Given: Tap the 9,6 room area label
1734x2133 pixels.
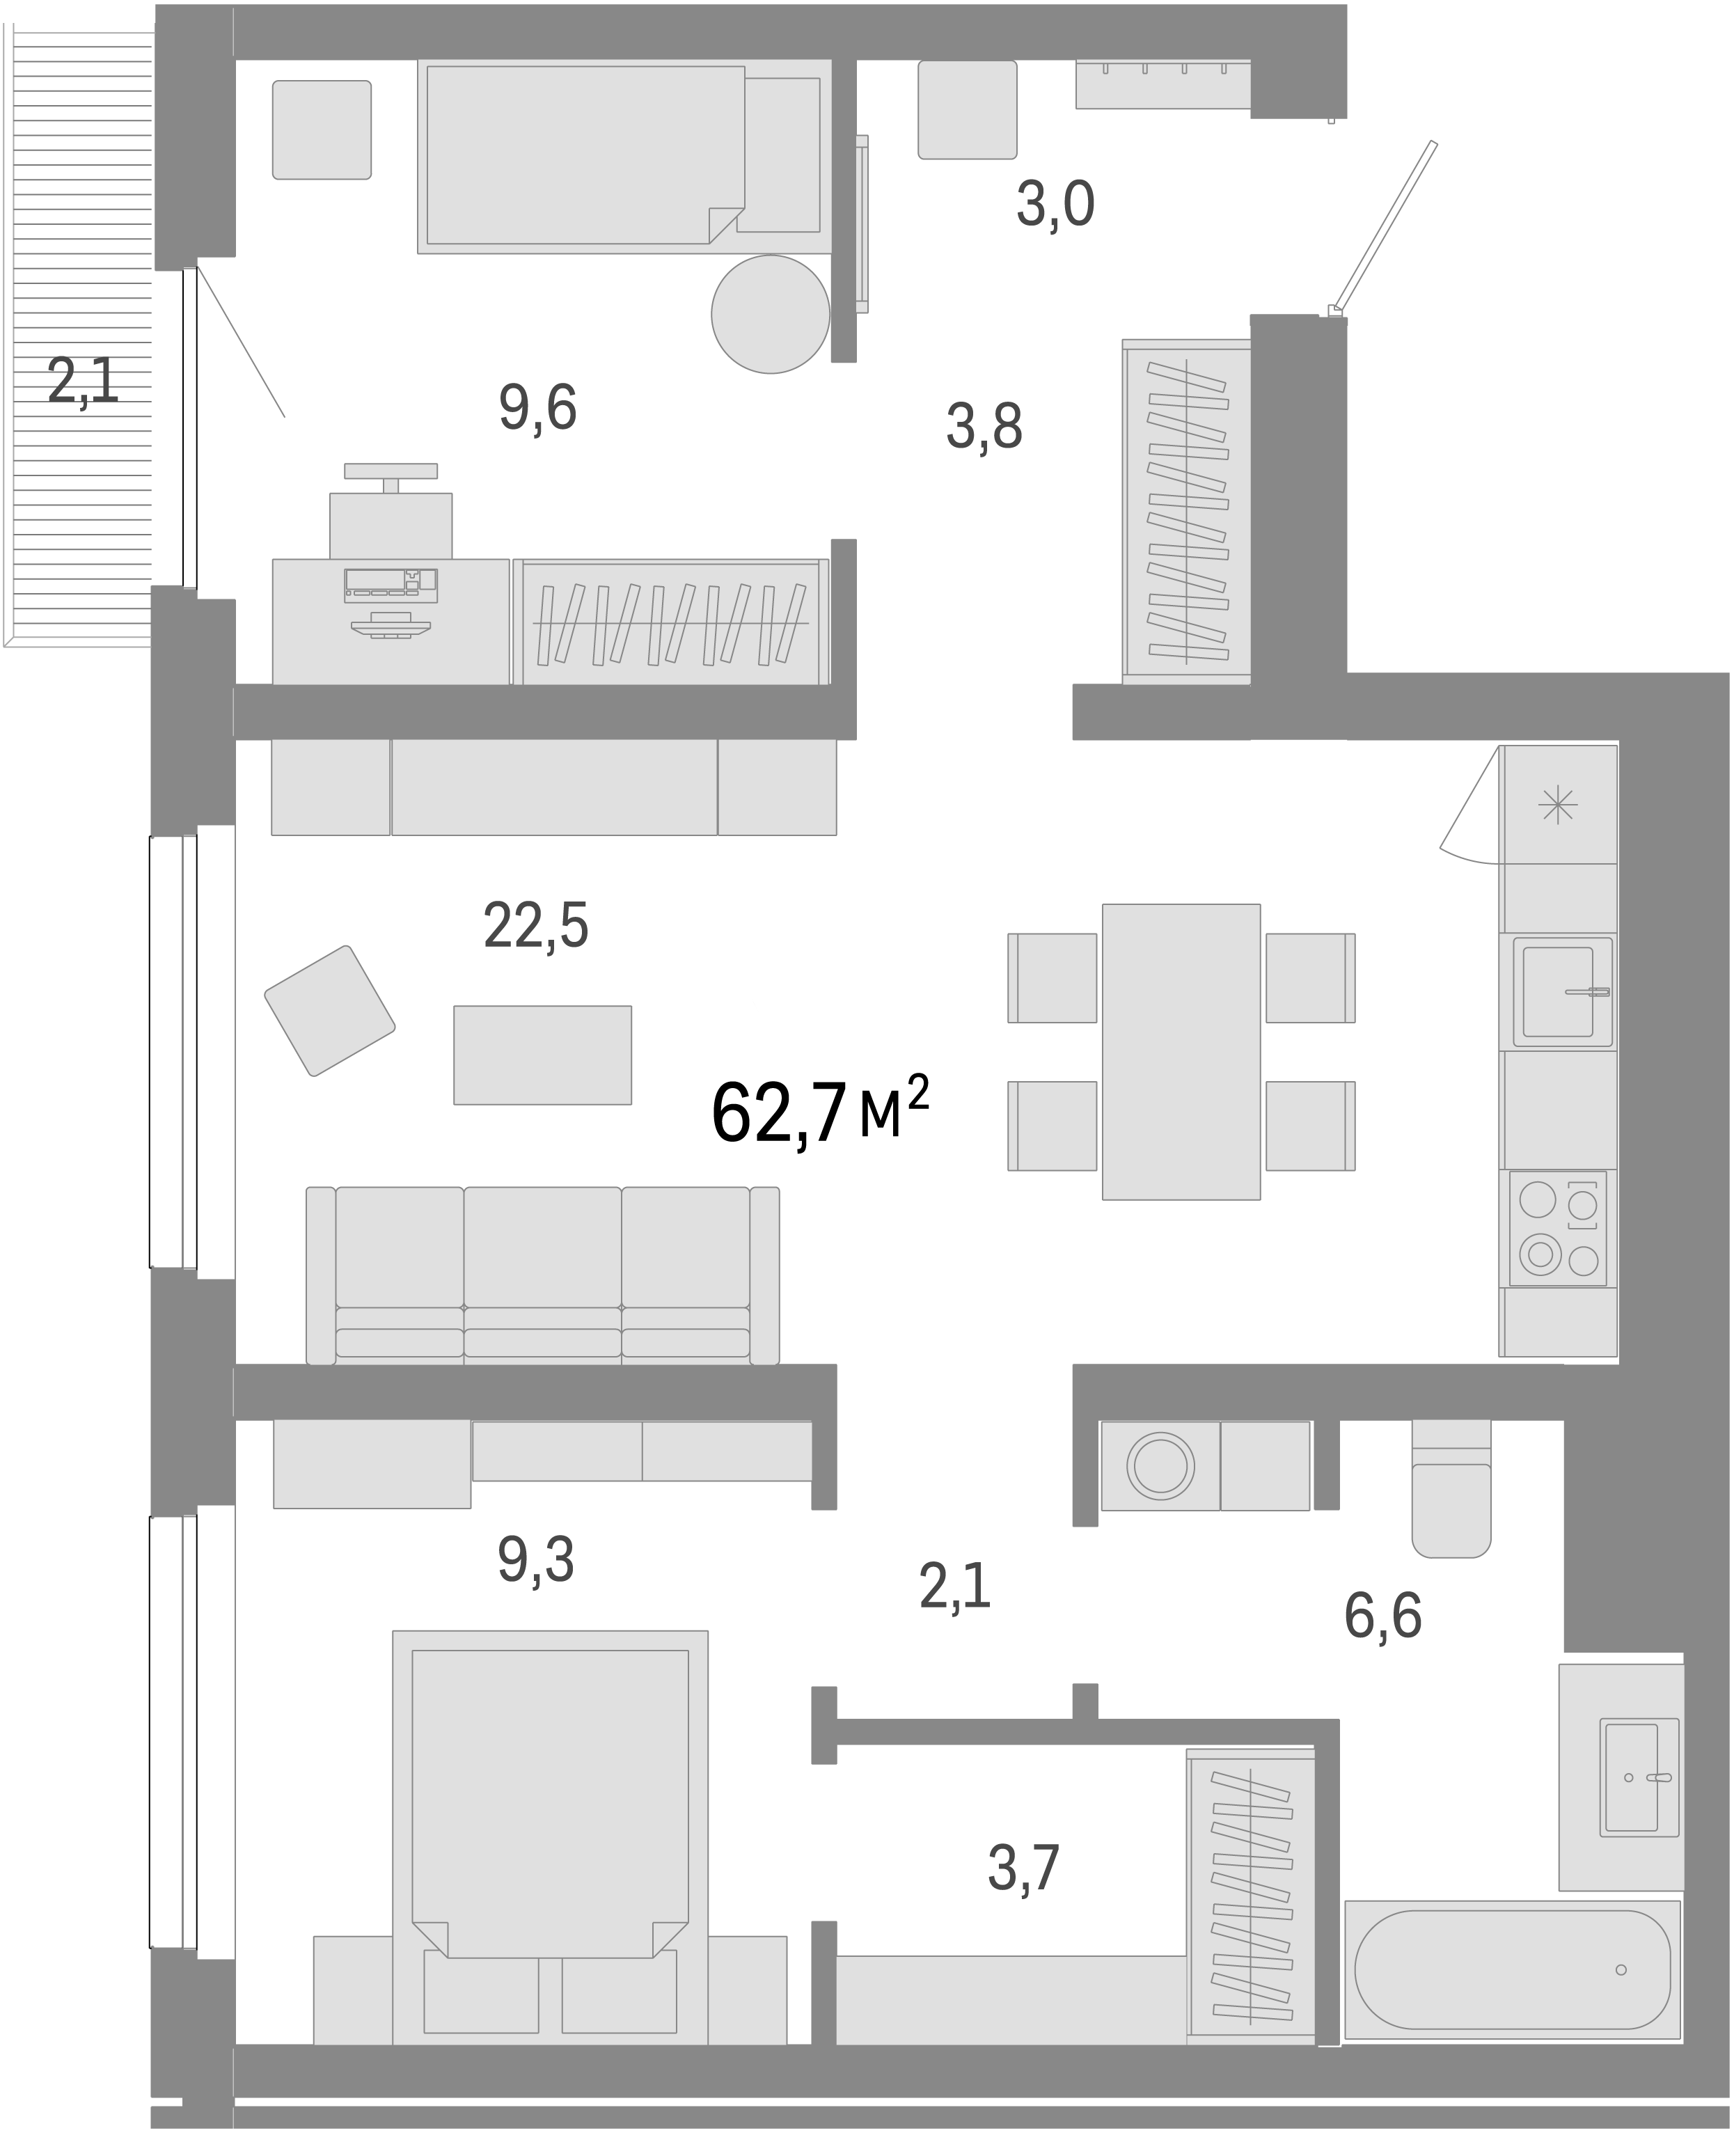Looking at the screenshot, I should click(537, 408).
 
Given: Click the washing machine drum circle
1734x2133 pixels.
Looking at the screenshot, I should click(1160, 1465).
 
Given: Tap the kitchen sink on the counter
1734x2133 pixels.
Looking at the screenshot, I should click(1561, 991).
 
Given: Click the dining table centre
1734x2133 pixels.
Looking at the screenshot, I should click(1181, 1051).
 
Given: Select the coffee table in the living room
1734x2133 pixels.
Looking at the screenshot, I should click(542, 1055).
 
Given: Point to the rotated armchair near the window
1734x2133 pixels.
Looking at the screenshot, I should click(330, 1010).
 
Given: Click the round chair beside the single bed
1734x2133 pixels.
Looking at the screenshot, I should click(770, 314).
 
